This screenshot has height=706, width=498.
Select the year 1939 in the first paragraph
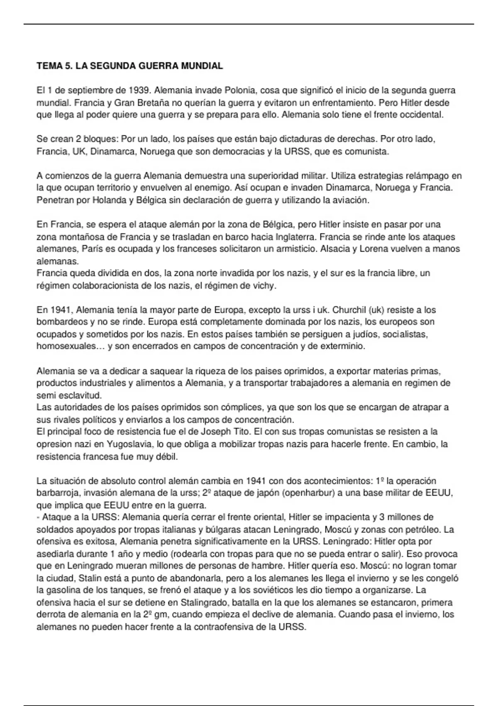point(139,91)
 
